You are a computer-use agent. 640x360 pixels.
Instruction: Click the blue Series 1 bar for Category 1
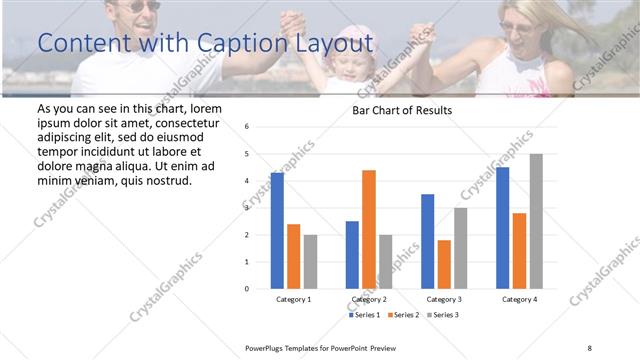click(277, 230)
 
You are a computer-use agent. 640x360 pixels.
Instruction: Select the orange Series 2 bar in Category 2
click(369, 229)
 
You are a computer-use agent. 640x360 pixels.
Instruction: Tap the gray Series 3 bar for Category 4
click(536, 221)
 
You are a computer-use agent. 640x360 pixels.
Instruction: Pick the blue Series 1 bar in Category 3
click(428, 241)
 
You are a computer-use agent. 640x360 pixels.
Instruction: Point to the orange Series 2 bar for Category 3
click(444, 264)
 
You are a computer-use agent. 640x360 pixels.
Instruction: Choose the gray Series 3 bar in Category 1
click(310, 261)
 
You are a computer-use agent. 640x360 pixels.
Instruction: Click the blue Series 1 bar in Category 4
click(503, 227)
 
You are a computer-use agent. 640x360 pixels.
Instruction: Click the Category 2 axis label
click(369, 299)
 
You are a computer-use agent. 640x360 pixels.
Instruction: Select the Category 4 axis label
click(519, 299)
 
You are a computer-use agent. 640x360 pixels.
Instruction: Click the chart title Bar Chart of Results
click(402, 110)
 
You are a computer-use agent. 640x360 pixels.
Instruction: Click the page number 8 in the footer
click(590, 346)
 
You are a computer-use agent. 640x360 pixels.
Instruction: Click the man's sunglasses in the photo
click(143, 6)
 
